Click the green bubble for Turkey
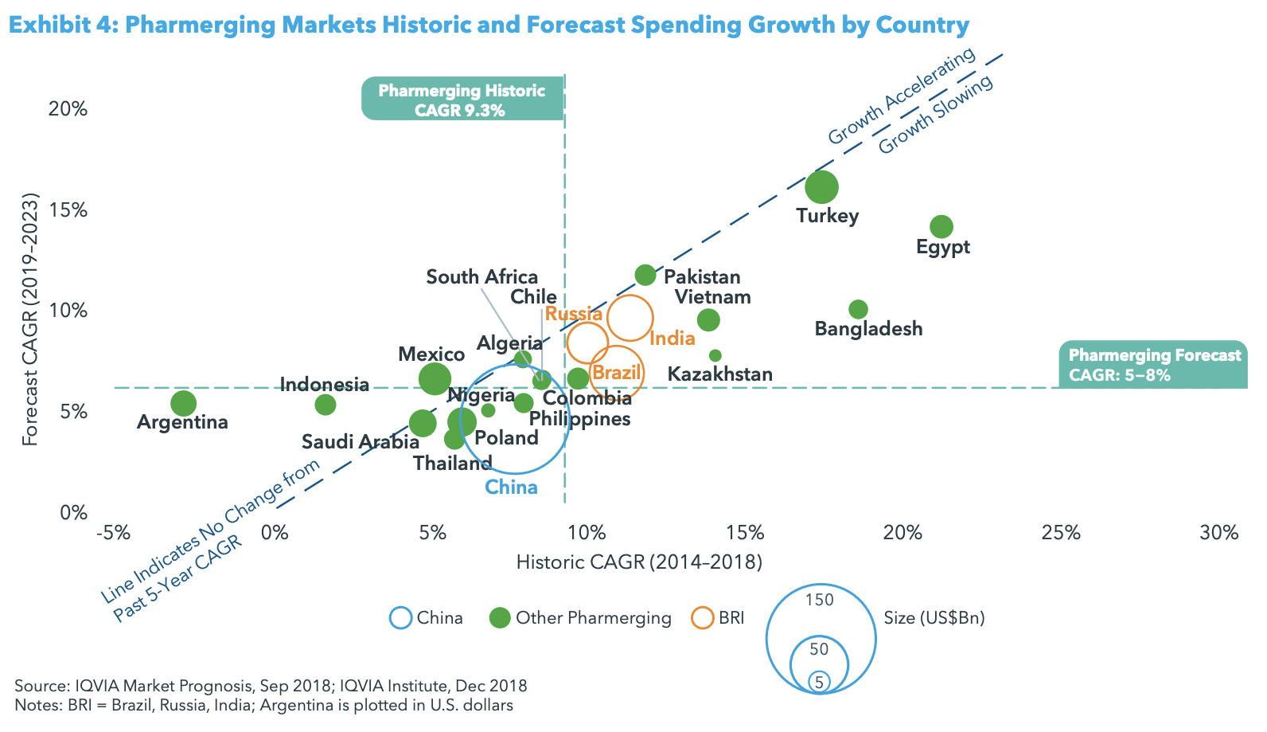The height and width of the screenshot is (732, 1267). (x=821, y=187)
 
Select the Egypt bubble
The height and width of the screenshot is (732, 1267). (x=941, y=227)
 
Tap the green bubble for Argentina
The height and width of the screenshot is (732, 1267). (x=183, y=403)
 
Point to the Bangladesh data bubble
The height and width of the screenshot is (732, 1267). (x=858, y=309)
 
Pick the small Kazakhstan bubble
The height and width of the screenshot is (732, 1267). (x=715, y=355)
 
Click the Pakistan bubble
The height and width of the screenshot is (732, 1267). (x=645, y=275)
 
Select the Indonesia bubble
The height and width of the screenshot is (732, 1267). (x=325, y=405)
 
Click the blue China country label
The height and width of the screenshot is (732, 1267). (x=512, y=487)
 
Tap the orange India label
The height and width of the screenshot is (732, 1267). (x=672, y=339)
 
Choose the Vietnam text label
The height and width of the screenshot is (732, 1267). (x=712, y=297)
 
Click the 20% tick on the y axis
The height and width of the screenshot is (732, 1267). (x=68, y=109)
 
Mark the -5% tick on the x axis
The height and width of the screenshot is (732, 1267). (x=112, y=532)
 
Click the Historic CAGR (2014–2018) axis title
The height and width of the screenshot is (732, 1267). (x=639, y=562)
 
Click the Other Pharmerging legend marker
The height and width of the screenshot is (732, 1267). (x=500, y=618)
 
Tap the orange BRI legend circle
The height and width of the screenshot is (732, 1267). (x=703, y=618)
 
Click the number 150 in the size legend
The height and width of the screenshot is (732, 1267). (x=819, y=600)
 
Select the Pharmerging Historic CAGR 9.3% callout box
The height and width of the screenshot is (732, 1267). (x=462, y=100)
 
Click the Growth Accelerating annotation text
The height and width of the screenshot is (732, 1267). (x=901, y=96)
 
